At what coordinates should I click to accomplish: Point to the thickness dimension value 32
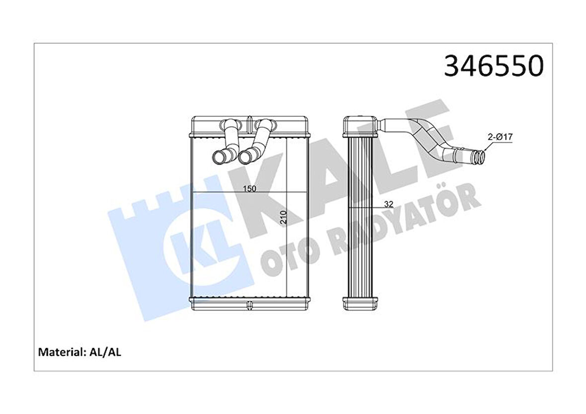click(388, 204)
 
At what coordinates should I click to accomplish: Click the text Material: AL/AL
click(80, 352)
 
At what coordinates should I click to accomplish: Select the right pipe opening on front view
click(245, 158)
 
